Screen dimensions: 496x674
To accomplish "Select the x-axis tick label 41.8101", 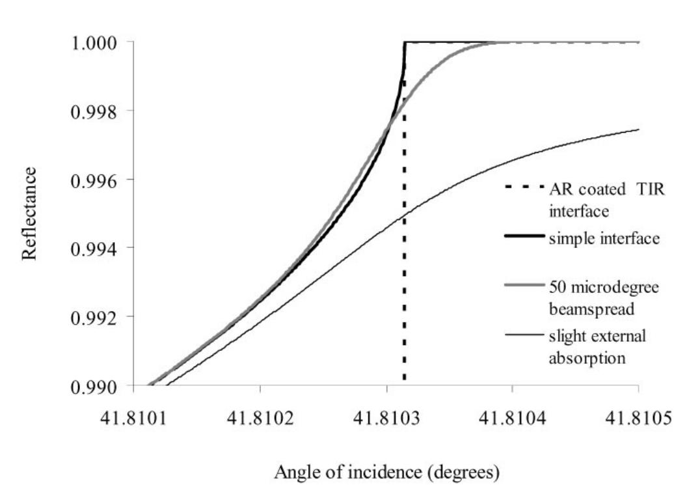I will coord(133,417).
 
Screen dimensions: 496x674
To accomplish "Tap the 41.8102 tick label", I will coord(260,417).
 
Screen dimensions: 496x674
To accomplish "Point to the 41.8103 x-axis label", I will coord(386,417).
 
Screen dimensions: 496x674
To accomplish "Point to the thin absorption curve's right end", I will coord(638,130).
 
